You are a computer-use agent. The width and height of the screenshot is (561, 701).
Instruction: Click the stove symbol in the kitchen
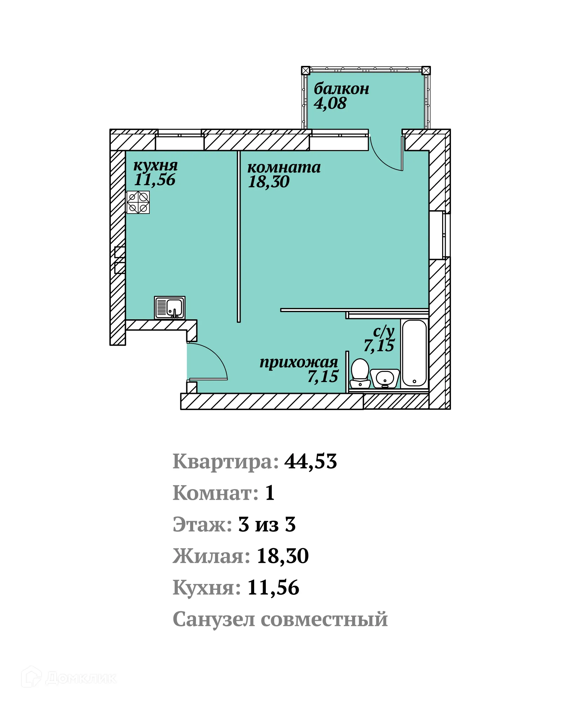(x=138, y=202)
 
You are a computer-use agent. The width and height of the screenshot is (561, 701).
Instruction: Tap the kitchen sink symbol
(x=170, y=308)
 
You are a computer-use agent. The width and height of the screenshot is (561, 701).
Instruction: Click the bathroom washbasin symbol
(x=385, y=378)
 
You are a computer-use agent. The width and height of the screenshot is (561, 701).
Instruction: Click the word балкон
(x=341, y=89)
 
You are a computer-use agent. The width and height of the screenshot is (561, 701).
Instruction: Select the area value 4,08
(x=330, y=103)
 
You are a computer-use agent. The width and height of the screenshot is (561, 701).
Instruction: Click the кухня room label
(x=155, y=165)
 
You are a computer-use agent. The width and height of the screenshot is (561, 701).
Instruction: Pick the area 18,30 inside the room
(x=269, y=182)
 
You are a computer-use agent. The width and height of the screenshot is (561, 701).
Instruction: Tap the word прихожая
(x=298, y=362)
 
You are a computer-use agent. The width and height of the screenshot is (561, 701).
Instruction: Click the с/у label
(x=384, y=331)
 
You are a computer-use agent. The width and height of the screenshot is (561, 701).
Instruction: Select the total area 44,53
(x=310, y=462)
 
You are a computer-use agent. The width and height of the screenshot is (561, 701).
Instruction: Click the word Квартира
(x=225, y=462)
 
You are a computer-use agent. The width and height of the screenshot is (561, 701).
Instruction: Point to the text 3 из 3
(x=267, y=525)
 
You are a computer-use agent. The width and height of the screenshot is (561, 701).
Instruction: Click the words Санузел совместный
(x=280, y=619)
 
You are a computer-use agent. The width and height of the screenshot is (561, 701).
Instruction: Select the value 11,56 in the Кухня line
(x=273, y=588)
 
